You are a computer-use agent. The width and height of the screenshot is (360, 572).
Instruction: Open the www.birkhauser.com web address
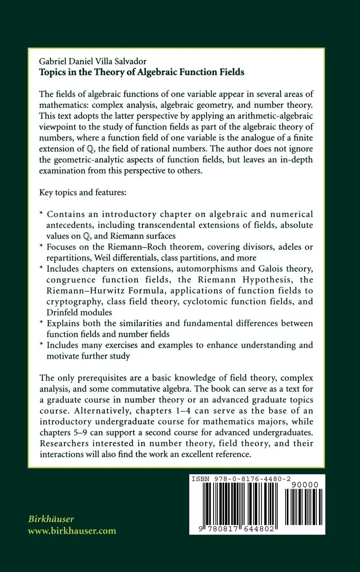point(72,531)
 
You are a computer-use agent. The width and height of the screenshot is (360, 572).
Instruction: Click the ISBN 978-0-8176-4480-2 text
point(242,479)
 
